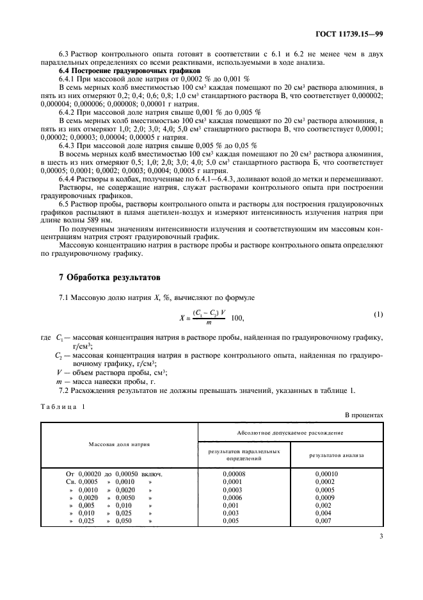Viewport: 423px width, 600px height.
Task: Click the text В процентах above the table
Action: point(364,415)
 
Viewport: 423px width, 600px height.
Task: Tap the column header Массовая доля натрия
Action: point(120,444)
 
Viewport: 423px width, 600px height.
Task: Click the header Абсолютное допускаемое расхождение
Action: point(290,433)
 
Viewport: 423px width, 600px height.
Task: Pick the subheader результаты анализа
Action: point(337,455)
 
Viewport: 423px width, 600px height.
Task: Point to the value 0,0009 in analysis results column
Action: point(324,497)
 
